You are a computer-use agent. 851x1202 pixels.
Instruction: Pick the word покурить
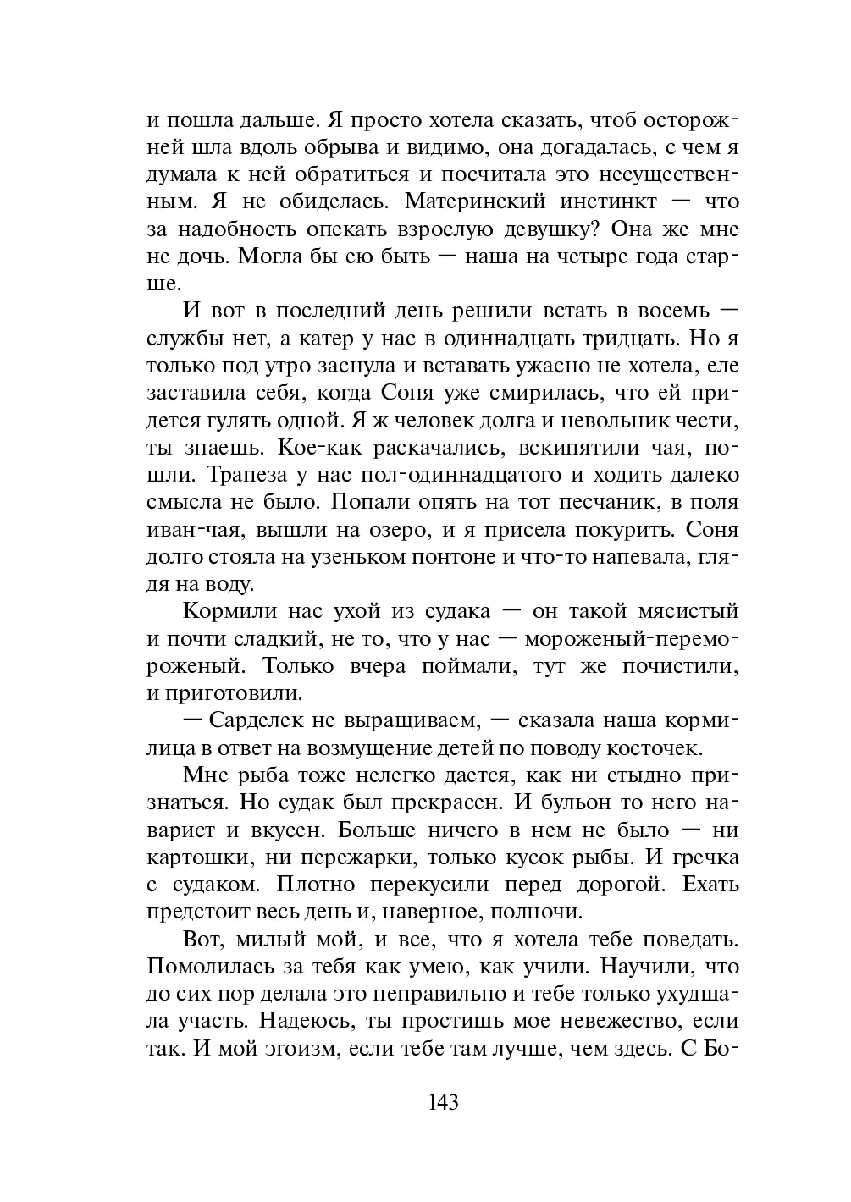point(597,531)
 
